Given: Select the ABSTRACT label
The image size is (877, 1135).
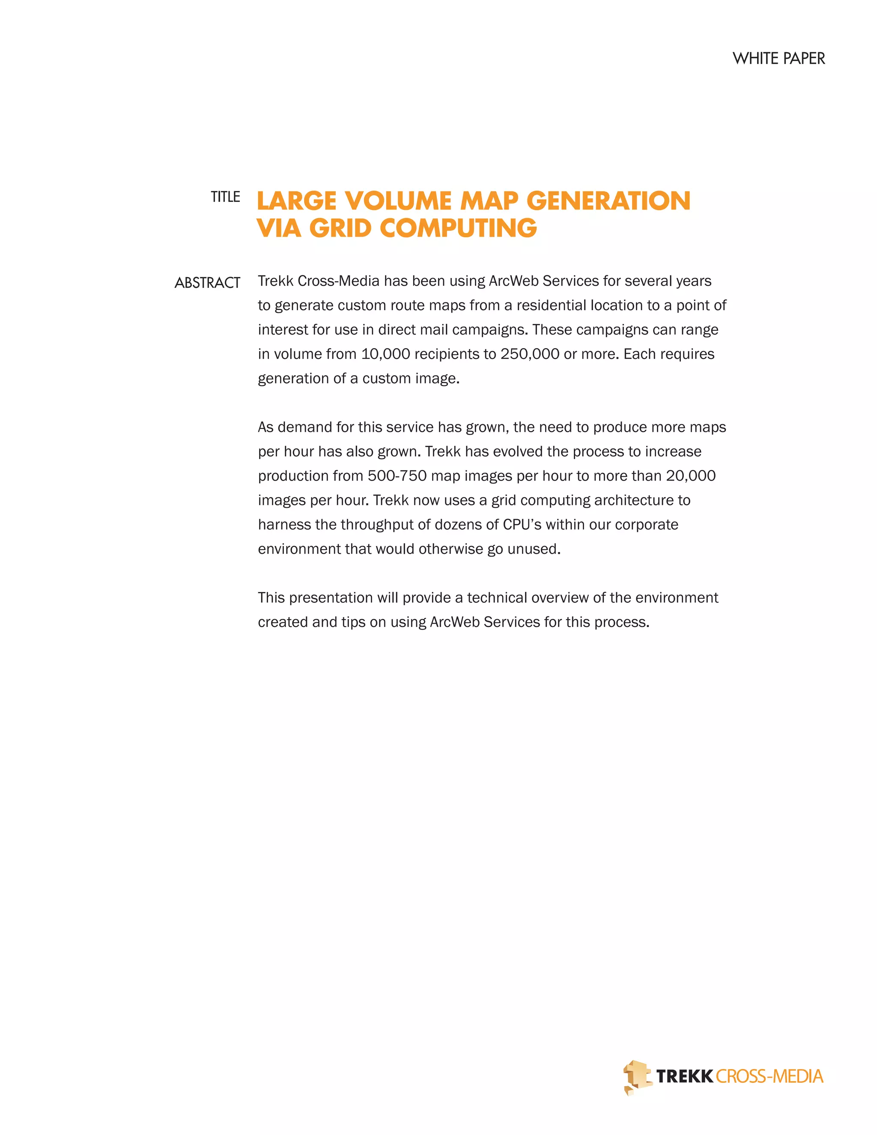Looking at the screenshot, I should coord(207,283).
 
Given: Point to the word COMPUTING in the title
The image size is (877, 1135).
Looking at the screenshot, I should coord(458,228).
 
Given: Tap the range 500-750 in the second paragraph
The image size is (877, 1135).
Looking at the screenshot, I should coord(397,475).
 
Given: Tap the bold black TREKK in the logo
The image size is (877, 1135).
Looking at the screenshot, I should coord(684,1076).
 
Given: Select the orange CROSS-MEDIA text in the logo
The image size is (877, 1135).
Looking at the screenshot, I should coord(769,1076).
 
